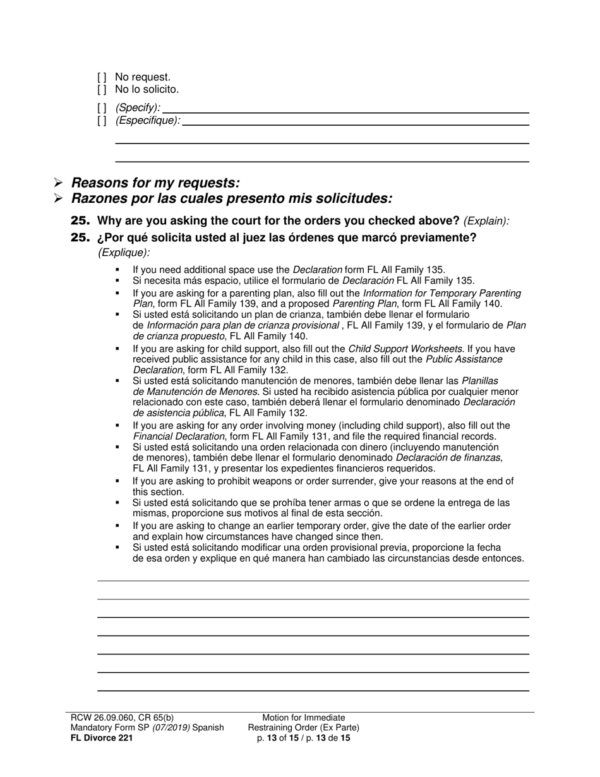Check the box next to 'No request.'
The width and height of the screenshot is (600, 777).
click(x=102, y=78)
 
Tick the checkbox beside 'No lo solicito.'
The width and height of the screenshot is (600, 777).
click(x=102, y=90)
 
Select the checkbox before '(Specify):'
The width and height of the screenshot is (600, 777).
click(x=102, y=108)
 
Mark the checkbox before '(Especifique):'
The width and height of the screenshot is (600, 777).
click(x=102, y=121)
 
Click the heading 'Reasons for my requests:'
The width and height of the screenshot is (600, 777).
click(x=155, y=183)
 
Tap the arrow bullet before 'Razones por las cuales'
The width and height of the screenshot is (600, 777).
click(x=58, y=199)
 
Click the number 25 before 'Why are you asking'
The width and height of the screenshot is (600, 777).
click(x=80, y=221)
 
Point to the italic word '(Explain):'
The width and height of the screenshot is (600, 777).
click(x=486, y=222)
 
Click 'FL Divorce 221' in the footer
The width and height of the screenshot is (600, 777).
click(x=101, y=737)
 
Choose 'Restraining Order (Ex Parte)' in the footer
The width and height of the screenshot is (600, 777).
click(x=304, y=728)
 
